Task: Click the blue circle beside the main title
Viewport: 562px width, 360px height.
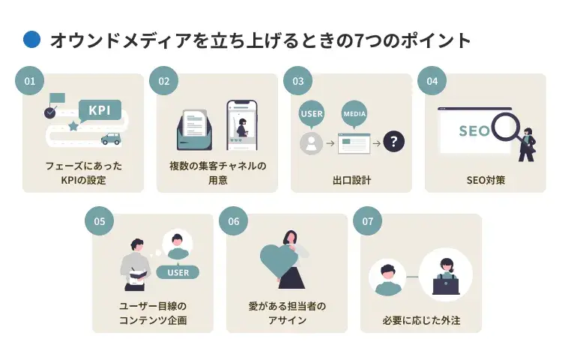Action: pyautogui.click(x=31, y=40)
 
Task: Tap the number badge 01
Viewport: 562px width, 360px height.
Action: pyautogui.click(x=30, y=81)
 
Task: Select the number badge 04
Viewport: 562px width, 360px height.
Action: pyautogui.click(x=432, y=81)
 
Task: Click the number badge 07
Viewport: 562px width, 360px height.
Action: pyautogui.click(x=367, y=221)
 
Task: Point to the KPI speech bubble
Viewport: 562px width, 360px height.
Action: pyautogui.click(x=100, y=110)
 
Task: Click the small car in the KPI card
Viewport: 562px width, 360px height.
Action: pyautogui.click(x=111, y=139)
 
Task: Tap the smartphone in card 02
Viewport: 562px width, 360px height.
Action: pyautogui.click(x=241, y=124)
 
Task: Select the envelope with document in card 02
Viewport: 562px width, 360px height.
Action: pyautogui.click(x=196, y=129)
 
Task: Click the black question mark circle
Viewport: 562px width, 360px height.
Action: pyautogui.click(x=393, y=140)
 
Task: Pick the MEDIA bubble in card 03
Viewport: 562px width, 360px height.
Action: pyautogui.click(x=353, y=114)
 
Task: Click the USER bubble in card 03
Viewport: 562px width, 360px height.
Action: pyautogui.click(x=311, y=114)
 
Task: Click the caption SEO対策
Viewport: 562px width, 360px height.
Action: pyautogui.click(x=485, y=180)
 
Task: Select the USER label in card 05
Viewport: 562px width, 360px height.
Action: pyautogui.click(x=178, y=271)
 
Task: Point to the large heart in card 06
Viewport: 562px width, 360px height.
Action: pyautogui.click(x=279, y=259)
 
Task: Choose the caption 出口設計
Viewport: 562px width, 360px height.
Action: pyautogui.click(x=351, y=180)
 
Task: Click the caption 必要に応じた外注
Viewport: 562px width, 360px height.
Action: pyautogui.click(x=420, y=320)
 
